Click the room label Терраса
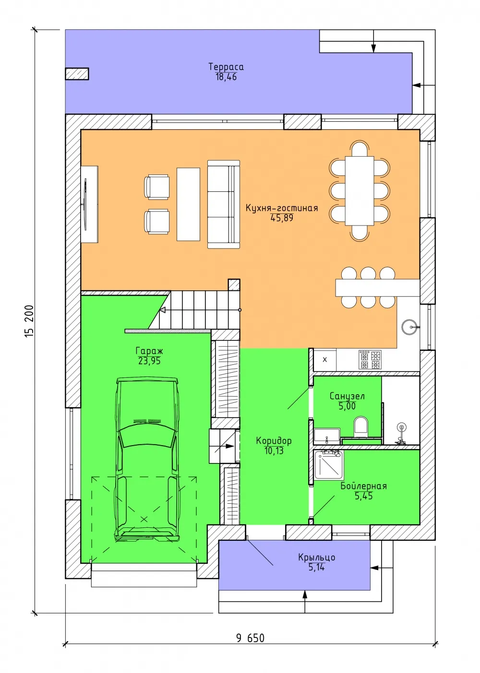tap(226, 66)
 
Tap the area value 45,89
tap(282, 218)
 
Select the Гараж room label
tap(149, 350)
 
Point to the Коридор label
tap(274, 441)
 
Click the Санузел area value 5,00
tap(347, 406)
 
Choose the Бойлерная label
tap(364, 486)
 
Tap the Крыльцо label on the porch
tap(316, 557)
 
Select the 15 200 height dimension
tap(29, 321)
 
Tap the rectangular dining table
tap(360, 191)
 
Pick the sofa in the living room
tap(224, 204)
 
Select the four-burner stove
tap(370, 360)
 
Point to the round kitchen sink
tap(409, 327)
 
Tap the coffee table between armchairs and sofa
tap(188, 204)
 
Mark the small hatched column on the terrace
tap(77, 74)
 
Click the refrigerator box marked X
tap(324, 360)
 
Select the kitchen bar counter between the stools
tap(377, 288)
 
